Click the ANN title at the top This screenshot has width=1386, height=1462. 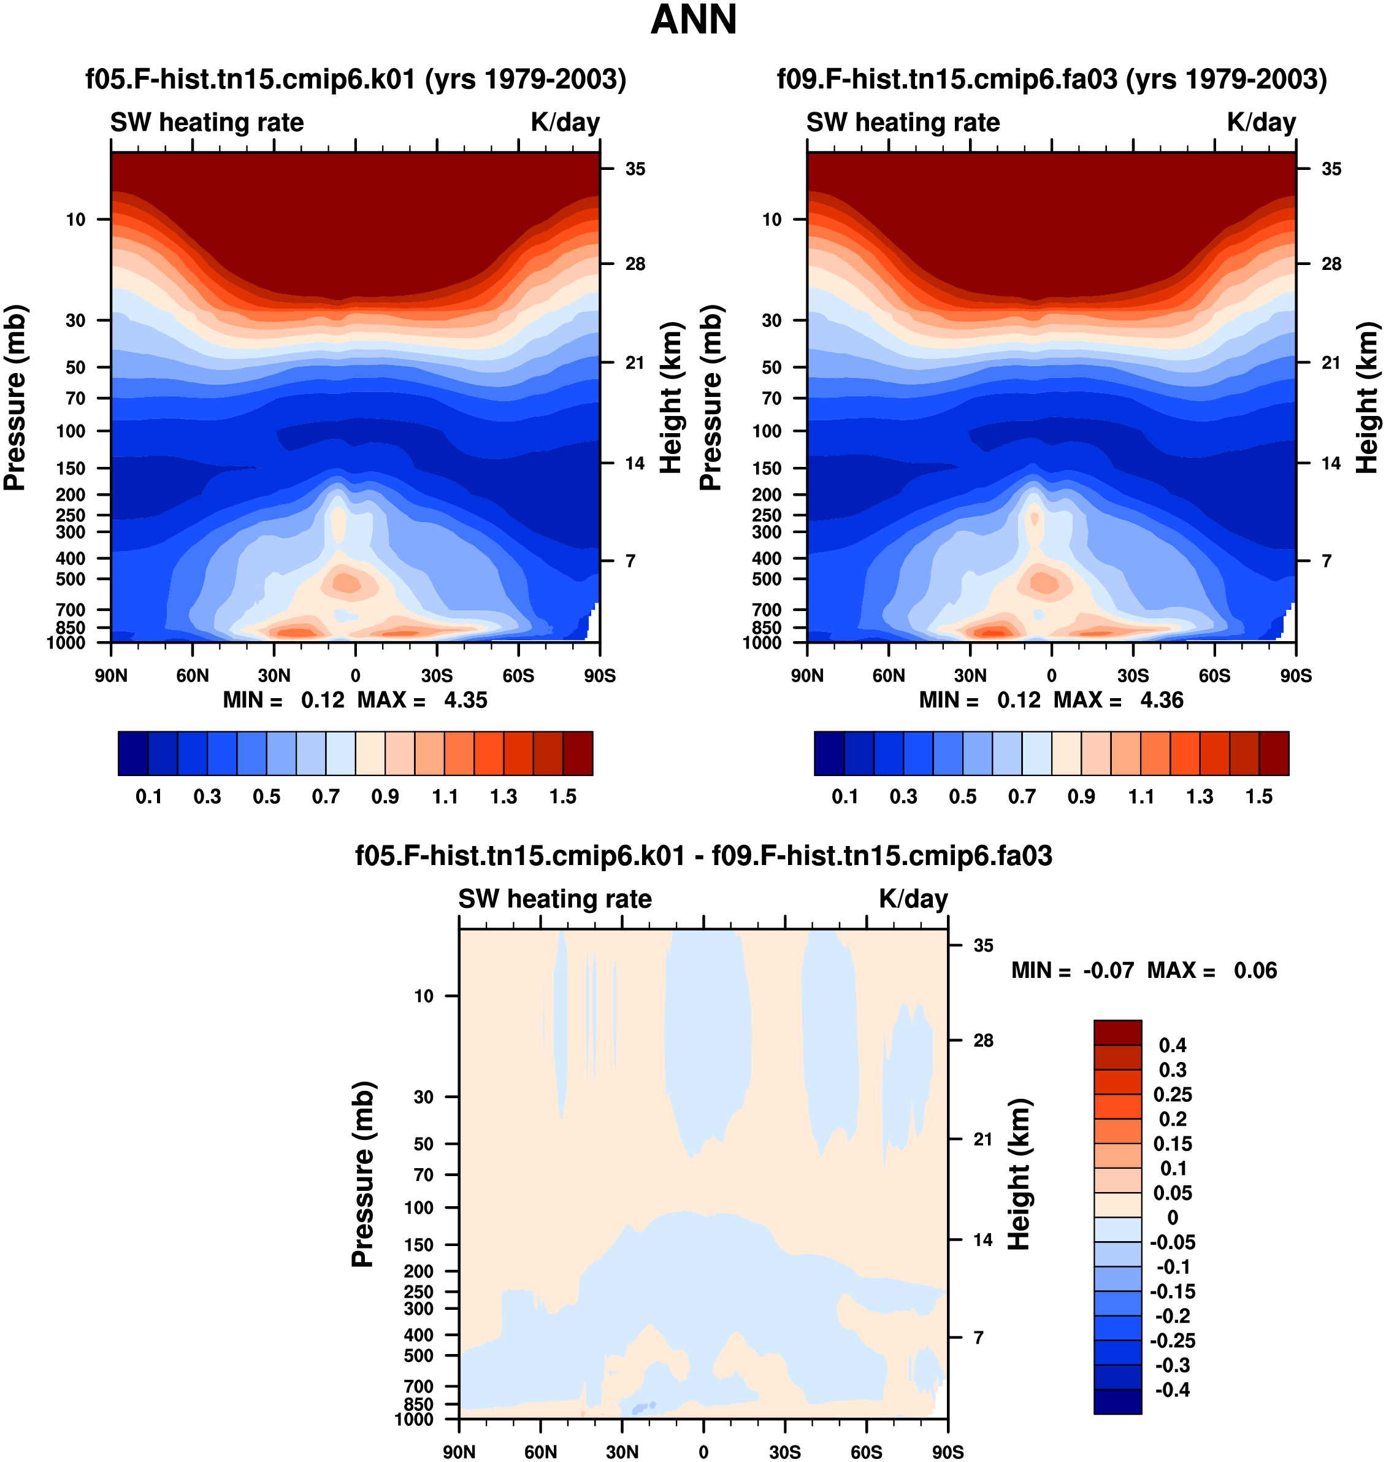pos(693,20)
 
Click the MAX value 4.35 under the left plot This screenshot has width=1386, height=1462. pos(465,700)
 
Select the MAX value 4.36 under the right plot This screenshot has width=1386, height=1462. pos(1162,700)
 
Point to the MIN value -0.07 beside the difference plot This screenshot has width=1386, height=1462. pos(1108,971)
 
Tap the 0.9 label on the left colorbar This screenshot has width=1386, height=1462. pos(385,797)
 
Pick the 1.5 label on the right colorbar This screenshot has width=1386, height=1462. pos(1259,797)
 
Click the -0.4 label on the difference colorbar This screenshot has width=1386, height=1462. pos(1173,1390)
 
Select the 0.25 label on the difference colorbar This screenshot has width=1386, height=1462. pos(1173,1095)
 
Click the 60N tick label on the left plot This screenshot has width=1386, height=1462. pos(193,675)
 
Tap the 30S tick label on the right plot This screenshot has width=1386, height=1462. pos(1133,675)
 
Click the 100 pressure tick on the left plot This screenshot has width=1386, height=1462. pos(72,431)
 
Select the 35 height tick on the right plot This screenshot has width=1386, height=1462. pos(1331,169)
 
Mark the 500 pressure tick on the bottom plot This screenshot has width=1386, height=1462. pos(419,1356)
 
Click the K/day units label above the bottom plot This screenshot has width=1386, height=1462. pos(913,899)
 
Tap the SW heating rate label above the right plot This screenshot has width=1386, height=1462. pos(903,123)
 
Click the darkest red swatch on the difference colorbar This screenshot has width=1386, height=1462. pos(1118,1033)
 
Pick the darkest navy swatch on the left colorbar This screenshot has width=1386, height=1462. pos(133,753)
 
